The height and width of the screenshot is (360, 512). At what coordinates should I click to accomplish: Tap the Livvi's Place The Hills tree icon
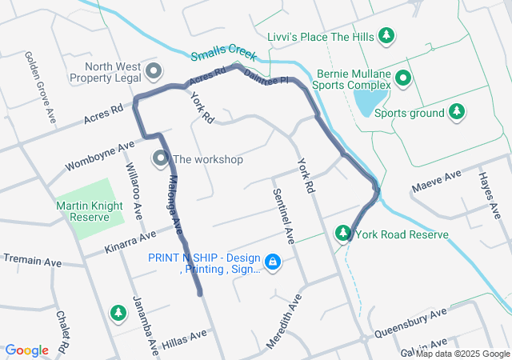[x=386, y=35]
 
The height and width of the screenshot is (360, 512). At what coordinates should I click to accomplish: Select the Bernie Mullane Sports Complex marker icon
[x=403, y=78]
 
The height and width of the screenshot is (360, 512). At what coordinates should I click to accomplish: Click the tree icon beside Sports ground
[x=456, y=111]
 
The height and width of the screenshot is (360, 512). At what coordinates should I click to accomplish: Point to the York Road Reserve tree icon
[x=343, y=233]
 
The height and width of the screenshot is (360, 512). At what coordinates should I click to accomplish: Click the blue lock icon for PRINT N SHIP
[x=273, y=262]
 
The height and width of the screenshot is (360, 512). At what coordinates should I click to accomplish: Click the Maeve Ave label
[x=437, y=181]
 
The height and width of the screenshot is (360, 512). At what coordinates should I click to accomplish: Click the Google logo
[x=26, y=350]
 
